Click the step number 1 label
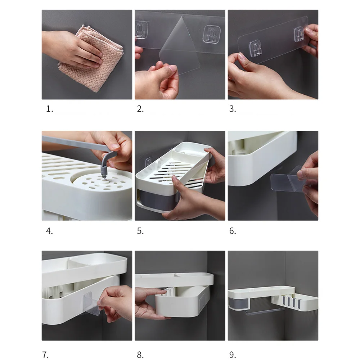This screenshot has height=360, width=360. point(50,109)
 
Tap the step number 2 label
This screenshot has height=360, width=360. point(140,109)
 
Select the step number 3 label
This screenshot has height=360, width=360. point(233,109)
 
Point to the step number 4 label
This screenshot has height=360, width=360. point(49,231)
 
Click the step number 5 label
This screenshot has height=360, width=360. point(140,231)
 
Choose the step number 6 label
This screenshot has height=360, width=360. point(233,231)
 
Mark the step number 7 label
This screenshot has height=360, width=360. point(45,355)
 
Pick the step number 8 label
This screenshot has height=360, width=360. point(140,355)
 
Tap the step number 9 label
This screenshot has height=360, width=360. point(233,355)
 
